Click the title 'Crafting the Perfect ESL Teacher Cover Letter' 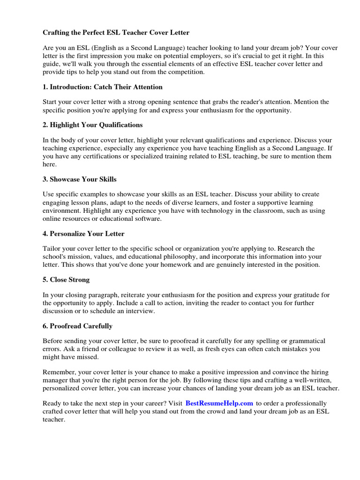pyautogui.click(x=116, y=33)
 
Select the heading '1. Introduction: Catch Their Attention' pyautogui.click(x=103, y=87)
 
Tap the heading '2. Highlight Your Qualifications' pyautogui.click(x=93, y=125)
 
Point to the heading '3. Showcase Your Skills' pyautogui.click(x=80, y=179)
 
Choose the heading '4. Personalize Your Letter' pyautogui.click(x=83, y=233)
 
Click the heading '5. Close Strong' pyautogui.click(x=66, y=279)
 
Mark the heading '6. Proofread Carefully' pyautogui.click(x=77, y=326)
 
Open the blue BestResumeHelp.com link pyautogui.click(x=219, y=403)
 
